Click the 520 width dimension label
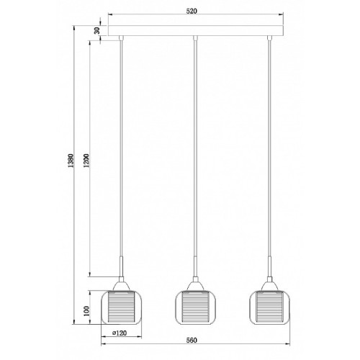(192, 11)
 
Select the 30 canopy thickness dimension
(97, 30)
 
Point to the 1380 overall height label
(71, 161)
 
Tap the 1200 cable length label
(86, 161)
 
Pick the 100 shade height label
(86, 311)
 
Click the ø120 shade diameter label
(120, 333)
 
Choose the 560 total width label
(192, 340)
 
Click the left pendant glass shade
(121, 307)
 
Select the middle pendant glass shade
(195, 307)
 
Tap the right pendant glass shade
(269, 307)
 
